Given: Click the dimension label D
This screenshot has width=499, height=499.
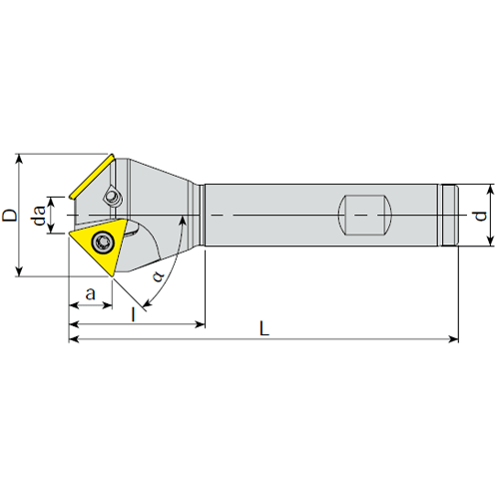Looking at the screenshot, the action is [x=10, y=215].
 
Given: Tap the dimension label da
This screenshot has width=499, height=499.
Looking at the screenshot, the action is [x=39, y=216].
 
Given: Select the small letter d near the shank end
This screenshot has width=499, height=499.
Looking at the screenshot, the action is [x=480, y=216].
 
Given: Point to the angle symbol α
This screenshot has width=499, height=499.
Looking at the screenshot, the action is [x=159, y=275].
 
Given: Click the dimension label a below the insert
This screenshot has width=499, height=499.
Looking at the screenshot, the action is [x=91, y=294].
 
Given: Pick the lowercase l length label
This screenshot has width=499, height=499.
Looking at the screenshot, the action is [x=134, y=314].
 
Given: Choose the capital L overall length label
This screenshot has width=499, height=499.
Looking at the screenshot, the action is [x=264, y=328].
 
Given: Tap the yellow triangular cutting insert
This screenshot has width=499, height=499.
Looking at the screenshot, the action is [x=100, y=246].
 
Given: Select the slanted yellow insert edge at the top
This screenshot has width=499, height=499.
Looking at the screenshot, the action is [x=92, y=176].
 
